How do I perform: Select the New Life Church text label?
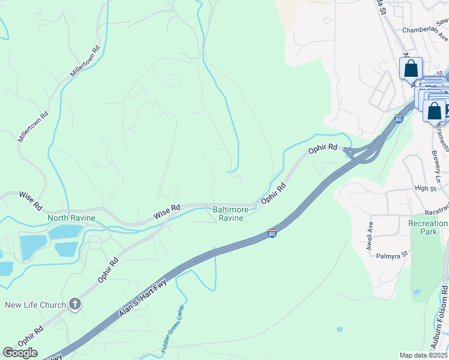click(35, 305)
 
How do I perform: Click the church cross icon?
click(75, 304)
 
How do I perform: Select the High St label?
click(424, 188)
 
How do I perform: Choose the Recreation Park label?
click(428, 227)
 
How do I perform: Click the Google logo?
click(20, 353)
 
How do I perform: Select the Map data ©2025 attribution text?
click(424, 355)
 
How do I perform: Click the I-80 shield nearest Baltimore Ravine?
click(272, 233)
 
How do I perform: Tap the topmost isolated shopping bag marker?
click(411, 68)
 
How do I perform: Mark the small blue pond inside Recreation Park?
click(417, 292)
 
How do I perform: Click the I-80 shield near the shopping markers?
click(399, 119)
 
